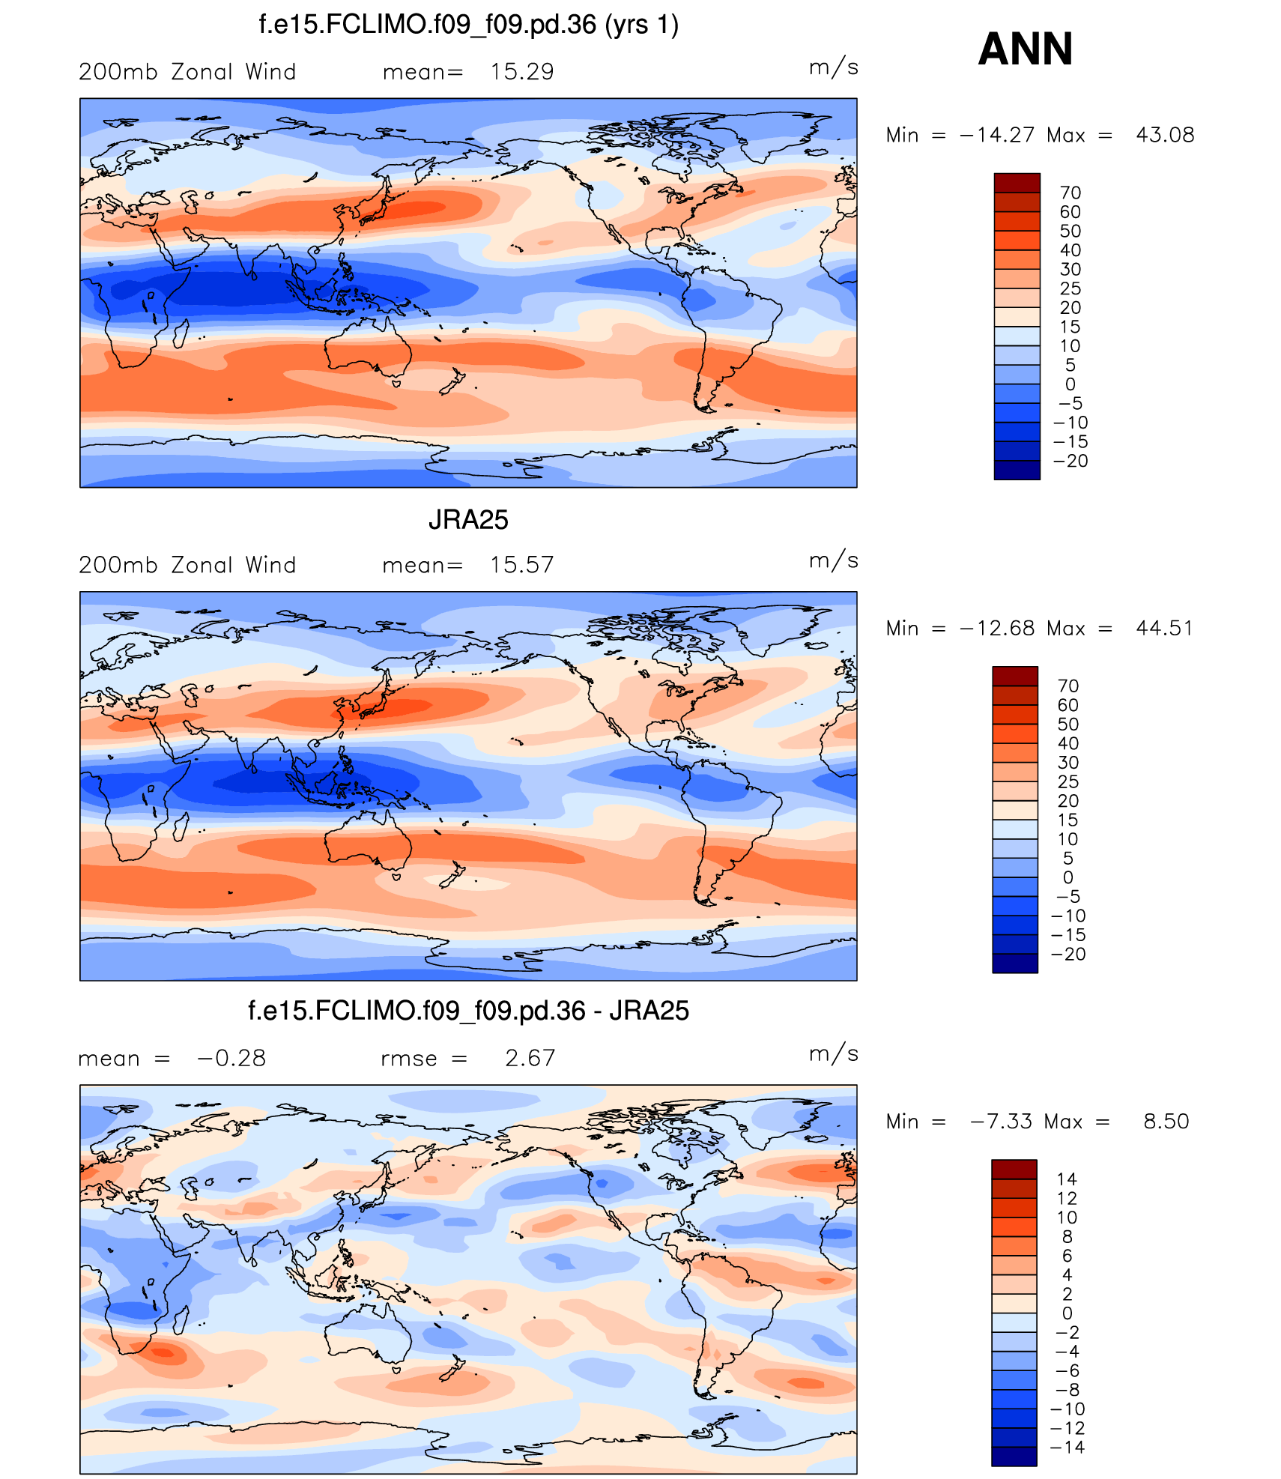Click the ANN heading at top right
click(1025, 49)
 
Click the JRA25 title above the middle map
click(468, 520)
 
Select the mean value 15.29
click(522, 72)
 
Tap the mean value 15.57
click(522, 565)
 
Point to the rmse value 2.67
click(530, 1058)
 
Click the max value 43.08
click(1165, 135)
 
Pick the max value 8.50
click(1166, 1122)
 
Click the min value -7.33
click(1002, 1122)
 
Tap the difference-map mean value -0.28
click(231, 1058)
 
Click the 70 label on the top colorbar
click(1070, 193)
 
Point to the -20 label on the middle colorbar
click(1068, 955)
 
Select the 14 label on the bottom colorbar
click(1067, 1179)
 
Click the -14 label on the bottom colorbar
click(1067, 1448)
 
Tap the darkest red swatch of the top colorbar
click(1017, 183)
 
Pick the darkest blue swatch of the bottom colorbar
click(1014, 1457)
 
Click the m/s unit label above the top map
click(833, 67)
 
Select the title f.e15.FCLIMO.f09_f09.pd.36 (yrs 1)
click(468, 25)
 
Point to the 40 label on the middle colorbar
click(1068, 743)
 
